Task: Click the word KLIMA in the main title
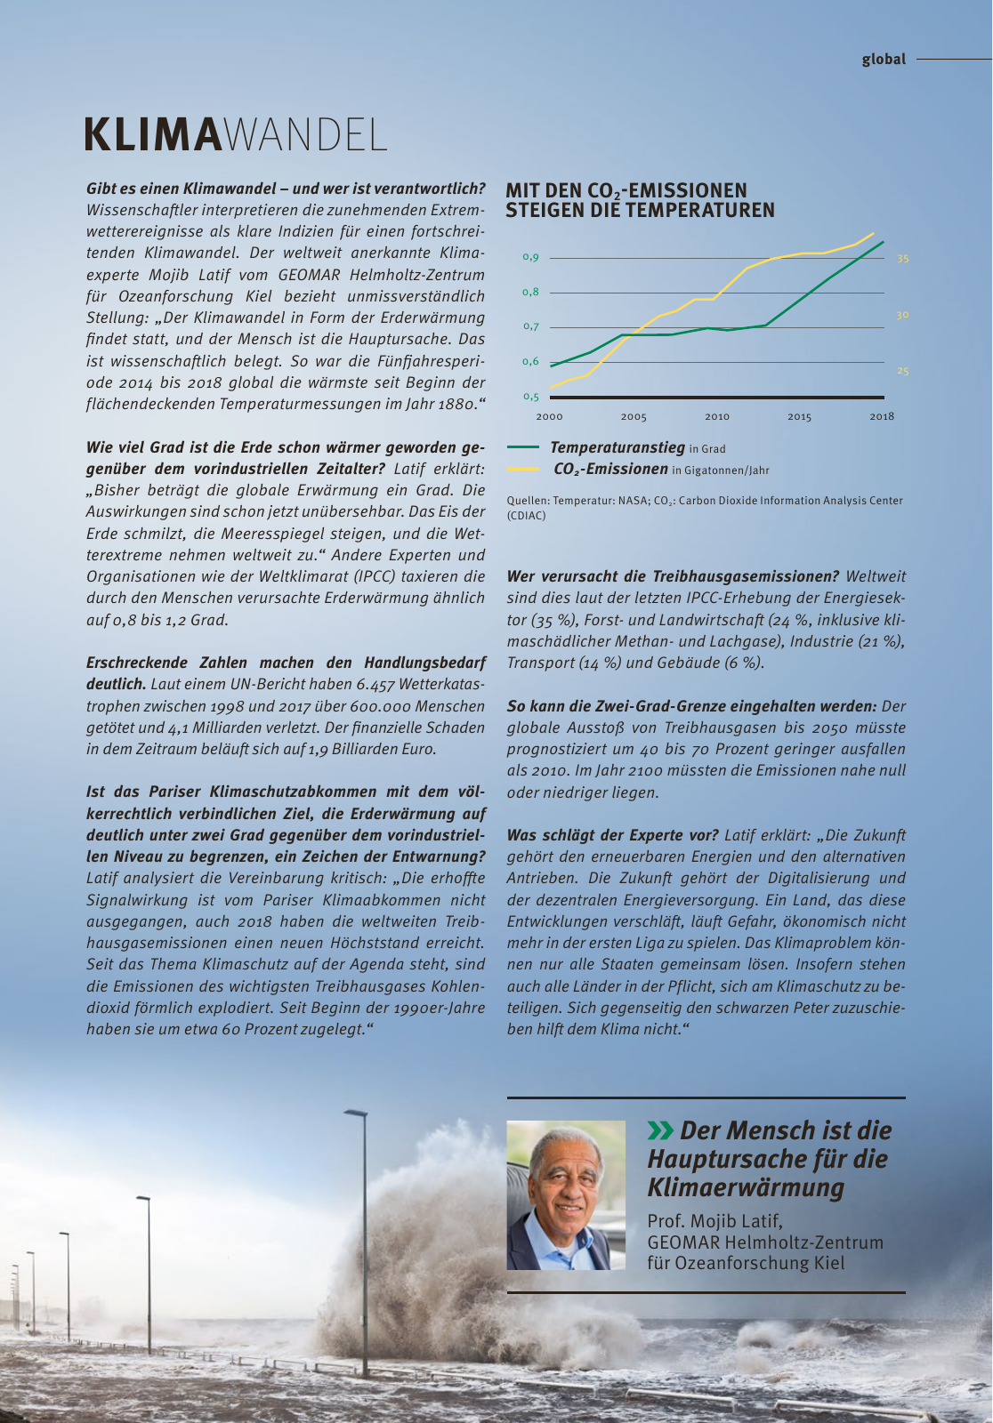151,135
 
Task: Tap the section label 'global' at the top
884,60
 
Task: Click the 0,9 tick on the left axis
530,258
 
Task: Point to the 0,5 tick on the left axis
530,397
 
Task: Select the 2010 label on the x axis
717,416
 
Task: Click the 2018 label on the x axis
882,416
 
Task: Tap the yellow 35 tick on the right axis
902,259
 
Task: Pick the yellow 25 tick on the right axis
902,371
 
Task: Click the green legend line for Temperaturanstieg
523,448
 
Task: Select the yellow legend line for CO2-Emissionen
523,469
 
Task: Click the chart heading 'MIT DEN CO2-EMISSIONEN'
626,191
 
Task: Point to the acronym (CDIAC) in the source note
527,516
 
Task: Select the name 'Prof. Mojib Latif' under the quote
714,1220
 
